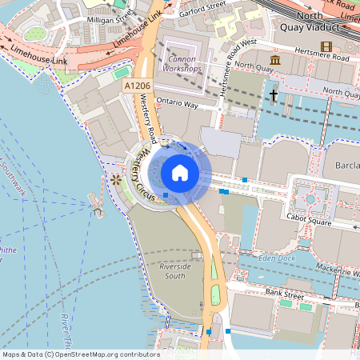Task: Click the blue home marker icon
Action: [x=180, y=172]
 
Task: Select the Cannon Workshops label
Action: [x=182, y=62]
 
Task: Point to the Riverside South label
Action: [x=176, y=270]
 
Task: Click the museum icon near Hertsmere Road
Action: [x=275, y=61]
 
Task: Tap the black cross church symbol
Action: [x=273, y=95]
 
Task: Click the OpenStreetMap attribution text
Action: [x=80, y=354]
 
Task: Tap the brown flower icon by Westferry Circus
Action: [x=116, y=179]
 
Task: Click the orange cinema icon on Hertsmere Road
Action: [x=326, y=46]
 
